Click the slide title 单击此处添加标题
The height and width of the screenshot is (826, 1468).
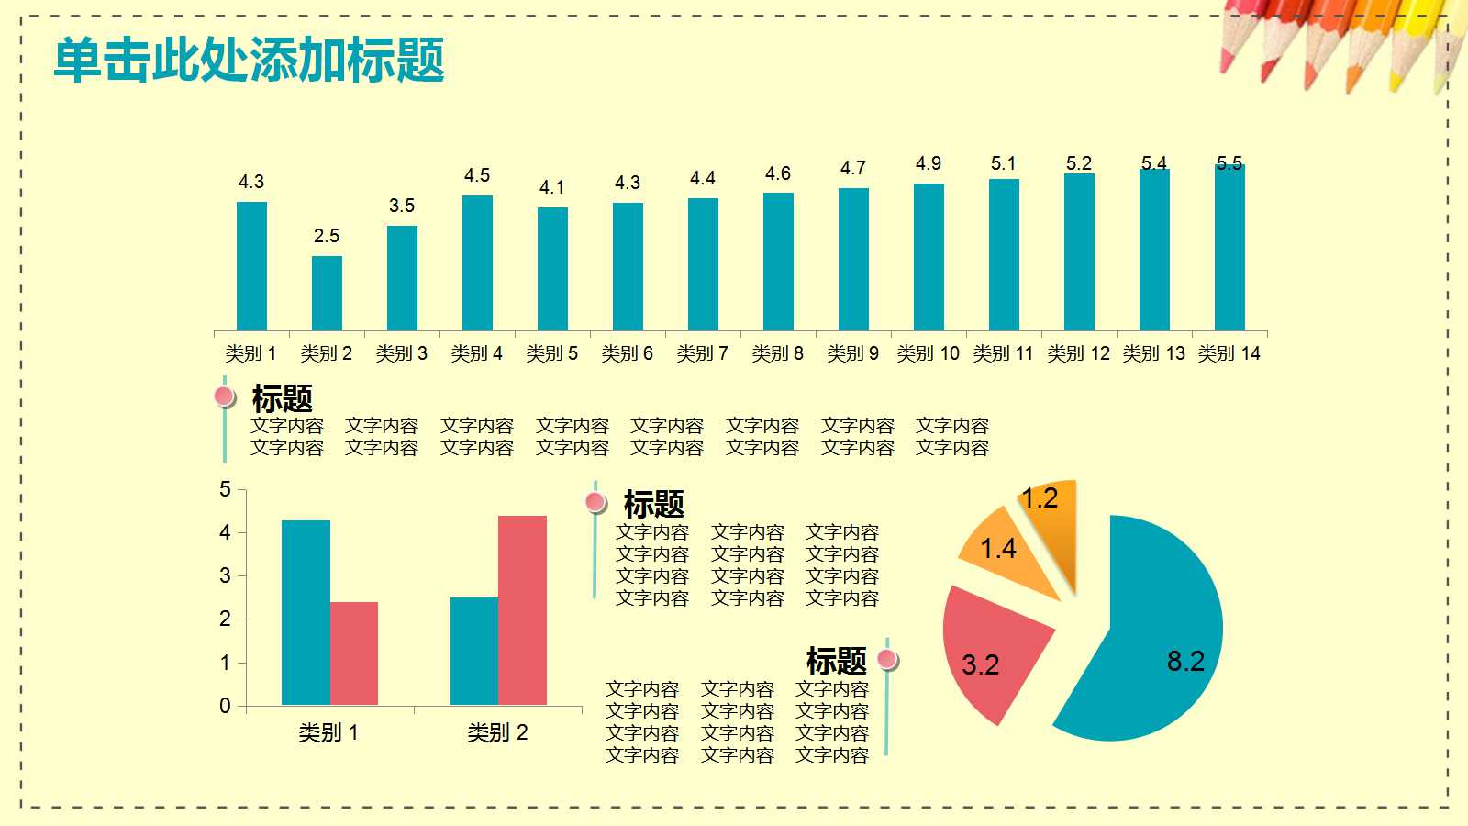(x=250, y=61)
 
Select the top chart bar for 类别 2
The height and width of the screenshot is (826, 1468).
(x=327, y=294)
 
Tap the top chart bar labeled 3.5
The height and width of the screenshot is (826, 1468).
(x=402, y=278)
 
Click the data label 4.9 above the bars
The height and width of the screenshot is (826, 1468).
(x=929, y=163)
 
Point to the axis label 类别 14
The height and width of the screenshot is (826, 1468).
(x=1229, y=353)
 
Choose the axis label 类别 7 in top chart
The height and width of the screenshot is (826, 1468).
(x=702, y=353)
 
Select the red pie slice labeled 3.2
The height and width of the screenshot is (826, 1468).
(x=991, y=652)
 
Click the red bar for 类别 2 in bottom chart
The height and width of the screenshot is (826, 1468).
(x=522, y=610)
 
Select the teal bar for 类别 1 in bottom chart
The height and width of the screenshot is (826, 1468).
(x=306, y=612)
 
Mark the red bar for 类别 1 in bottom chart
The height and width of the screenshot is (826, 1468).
(x=354, y=653)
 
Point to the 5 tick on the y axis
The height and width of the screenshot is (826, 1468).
(x=225, y=489)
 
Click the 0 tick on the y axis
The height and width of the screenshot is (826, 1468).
(x=225, y=706)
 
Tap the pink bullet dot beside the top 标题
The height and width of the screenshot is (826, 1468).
(x=224, y=396)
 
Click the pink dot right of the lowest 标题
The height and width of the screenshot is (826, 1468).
(x=886, y=658)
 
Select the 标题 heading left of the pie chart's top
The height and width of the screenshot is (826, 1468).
(x=653, y=504)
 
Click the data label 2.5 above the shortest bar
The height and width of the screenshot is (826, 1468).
(x=327, y=236)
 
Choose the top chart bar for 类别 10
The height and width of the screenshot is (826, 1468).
(x=929, y=257)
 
